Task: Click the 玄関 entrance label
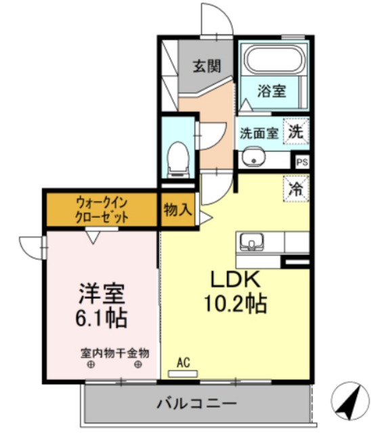click(x=206, y=66)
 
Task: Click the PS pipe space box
click(x=302, y=162)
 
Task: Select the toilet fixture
click(x=177, y=155)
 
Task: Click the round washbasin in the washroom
click(x=253, y=158)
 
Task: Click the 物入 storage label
click(x=177, y=210)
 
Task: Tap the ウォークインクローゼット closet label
click(x=102, y=210)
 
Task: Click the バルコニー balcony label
click(x=197, y=404)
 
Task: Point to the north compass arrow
click(x=347, y=401)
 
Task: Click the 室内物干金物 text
click(x=115, y=352)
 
